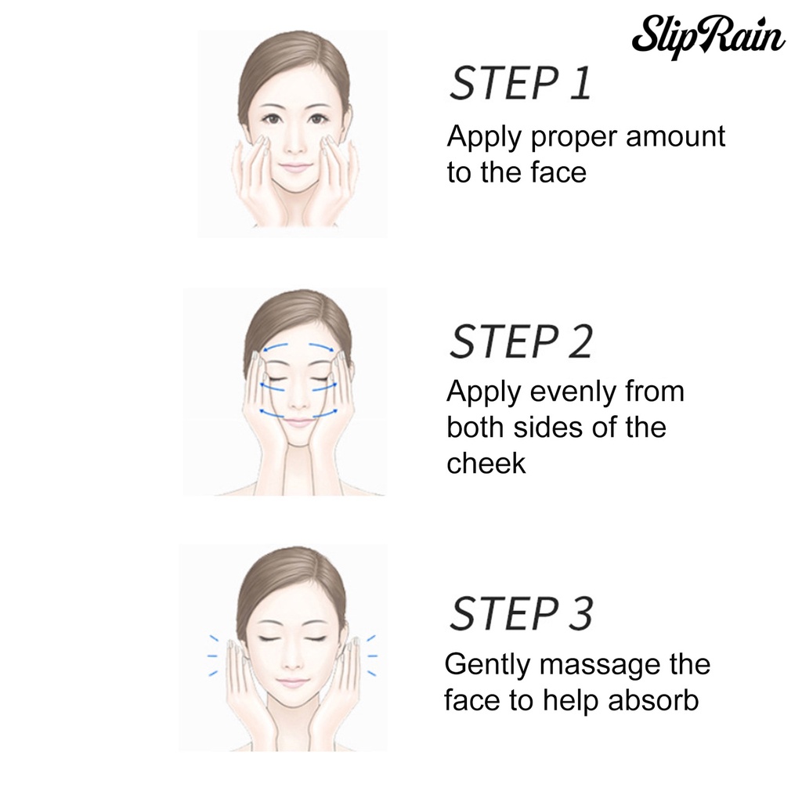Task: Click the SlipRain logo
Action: click(708, 36)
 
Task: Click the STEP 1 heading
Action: click(520, 82)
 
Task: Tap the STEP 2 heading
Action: click(521, 341)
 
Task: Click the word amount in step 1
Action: click(675, 136)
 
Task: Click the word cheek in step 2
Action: click(486, 464)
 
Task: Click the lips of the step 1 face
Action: click(293, 168)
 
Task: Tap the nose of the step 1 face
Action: click(293, 145)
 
